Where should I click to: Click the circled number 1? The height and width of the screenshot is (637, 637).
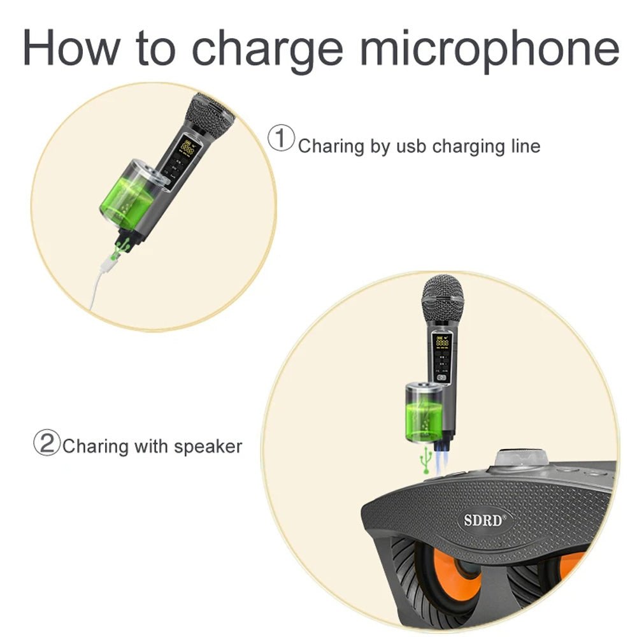click(x=281, y=138)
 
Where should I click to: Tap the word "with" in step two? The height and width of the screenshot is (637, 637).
click(x=149, y=446)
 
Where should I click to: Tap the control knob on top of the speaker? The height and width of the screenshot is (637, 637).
click(x=522, y=459)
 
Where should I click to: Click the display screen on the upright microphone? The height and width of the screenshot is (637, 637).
click(x=441, y=343)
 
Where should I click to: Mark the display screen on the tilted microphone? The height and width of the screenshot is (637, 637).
click(x=187, y=148)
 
